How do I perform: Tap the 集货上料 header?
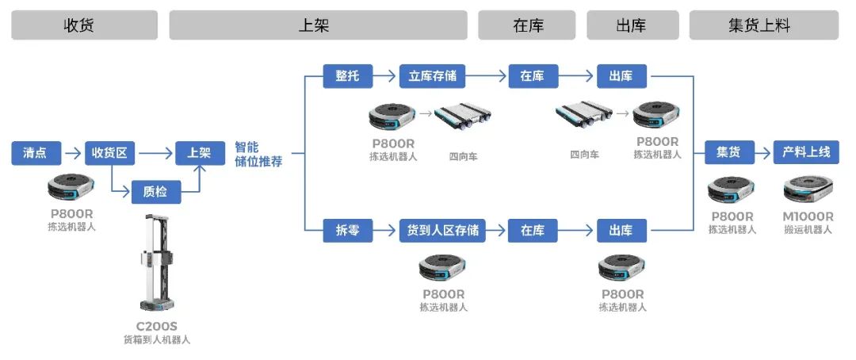tap(763, 25)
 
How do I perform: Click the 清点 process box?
tap(36, 152)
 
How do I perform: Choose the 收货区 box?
tap(109, 152)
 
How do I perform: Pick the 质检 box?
tap(155, 191)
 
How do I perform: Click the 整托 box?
tap(347, 76)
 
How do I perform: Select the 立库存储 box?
tap(432, 76)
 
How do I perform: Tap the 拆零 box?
tap(347, 231)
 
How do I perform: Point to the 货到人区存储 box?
tap(442, 231)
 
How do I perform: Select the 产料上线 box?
tap(805, 152)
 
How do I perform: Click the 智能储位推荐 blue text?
tap(258, 154)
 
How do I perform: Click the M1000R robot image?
tap(807, 190)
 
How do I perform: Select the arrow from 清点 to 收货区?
tap(72, 152)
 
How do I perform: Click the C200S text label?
tap(156, 326)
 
